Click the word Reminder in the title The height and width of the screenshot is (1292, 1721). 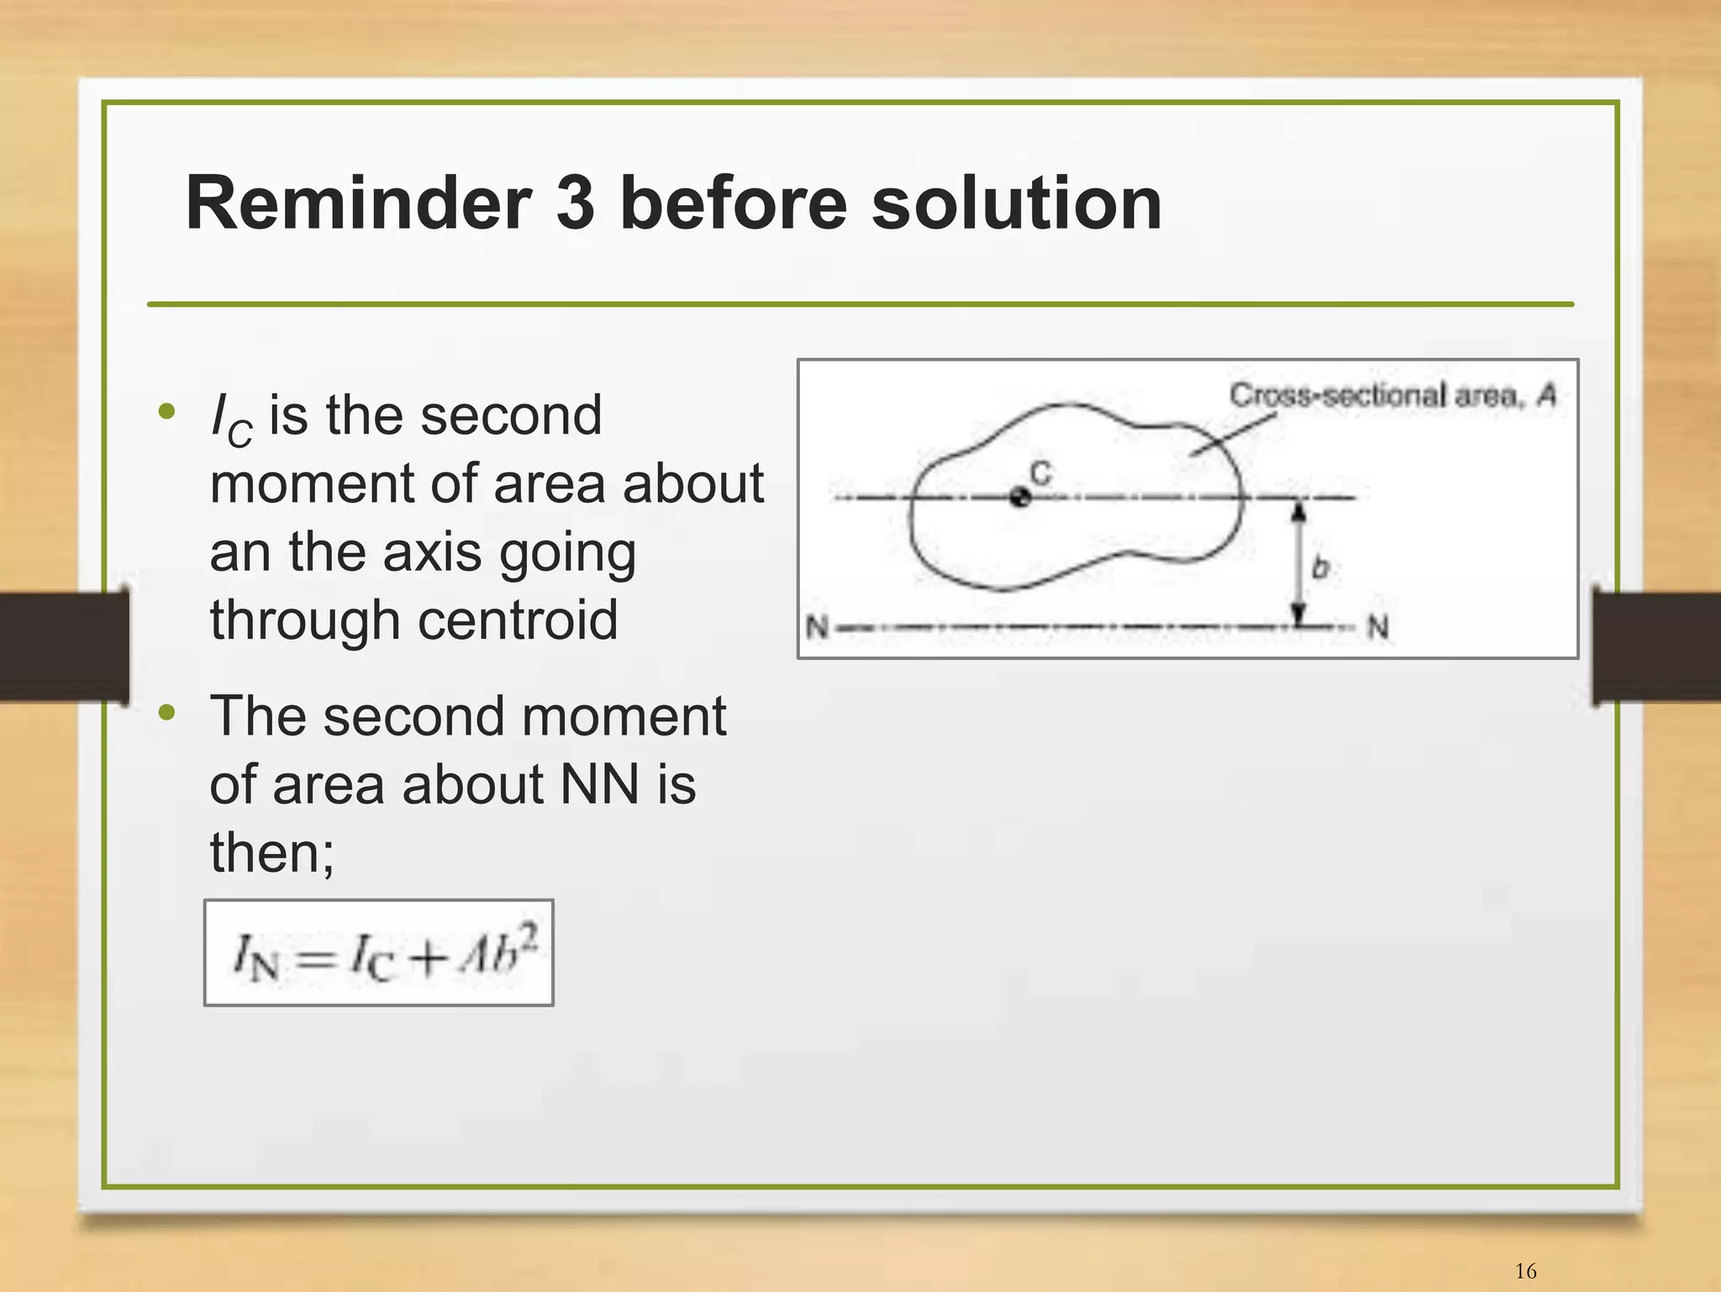(358, 203)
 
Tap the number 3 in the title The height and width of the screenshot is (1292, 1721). (576, 203)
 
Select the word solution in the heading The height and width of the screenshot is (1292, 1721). (1017, 203)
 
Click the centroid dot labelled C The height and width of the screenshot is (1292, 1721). (1019, 498)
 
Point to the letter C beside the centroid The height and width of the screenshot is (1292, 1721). (1040, 473)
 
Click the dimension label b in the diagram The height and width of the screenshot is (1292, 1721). (1320, 568)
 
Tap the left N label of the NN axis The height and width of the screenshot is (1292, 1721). (816, 627)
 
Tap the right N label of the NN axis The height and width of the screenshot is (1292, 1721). (1377, 627)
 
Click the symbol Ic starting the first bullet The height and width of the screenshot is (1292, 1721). (231, 418)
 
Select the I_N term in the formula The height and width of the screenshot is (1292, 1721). (255, 957)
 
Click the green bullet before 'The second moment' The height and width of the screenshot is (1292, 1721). (167, 713)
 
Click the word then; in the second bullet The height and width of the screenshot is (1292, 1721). (271, 852)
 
